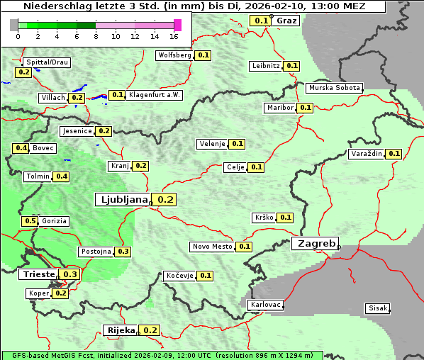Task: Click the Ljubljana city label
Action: click(121, 200)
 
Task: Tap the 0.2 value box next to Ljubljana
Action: click(165, 200)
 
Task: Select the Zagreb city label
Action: click(315, 243)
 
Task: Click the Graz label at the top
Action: click(286, 20)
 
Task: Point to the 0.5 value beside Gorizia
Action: click(30, 221)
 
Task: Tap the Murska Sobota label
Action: click(333, 88)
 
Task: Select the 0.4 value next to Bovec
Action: click(21, 148)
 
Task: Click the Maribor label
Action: click(279, 108)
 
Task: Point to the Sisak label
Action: click(376, 308)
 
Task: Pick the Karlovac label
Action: click(265, 305)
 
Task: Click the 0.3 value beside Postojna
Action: click(123, 252)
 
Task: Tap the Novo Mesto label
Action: click(212, 247)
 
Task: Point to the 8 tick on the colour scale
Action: click(96, 36)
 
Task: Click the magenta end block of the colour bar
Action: click(177, 25)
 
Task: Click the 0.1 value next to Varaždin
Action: click(394, 154)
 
